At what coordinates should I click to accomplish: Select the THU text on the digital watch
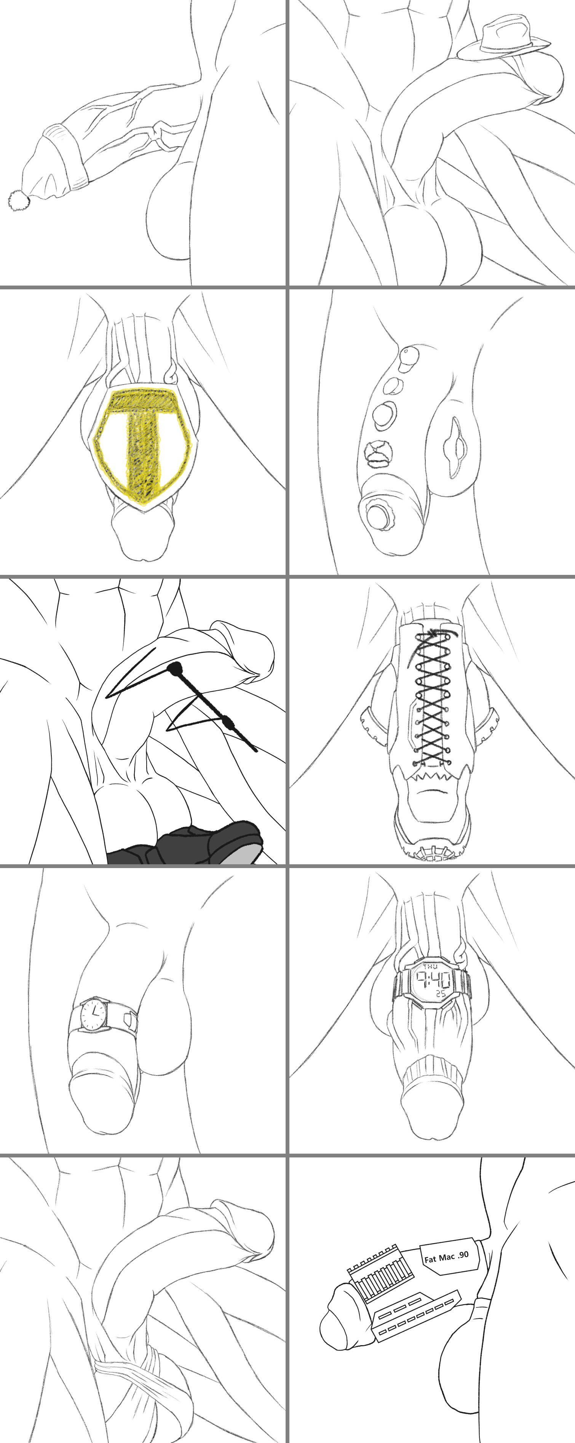[x=430, y=967]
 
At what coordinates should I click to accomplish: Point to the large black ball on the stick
[x=176, y=668]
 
